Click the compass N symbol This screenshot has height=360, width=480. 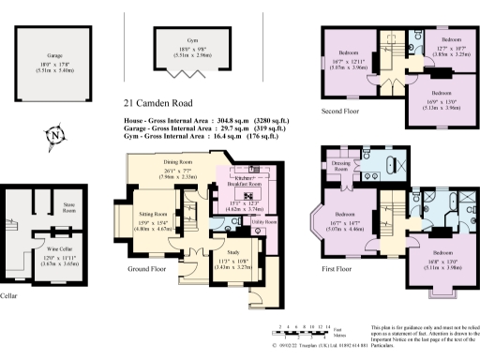click(54, 135)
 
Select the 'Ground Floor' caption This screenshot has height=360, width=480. click(148, 268)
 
